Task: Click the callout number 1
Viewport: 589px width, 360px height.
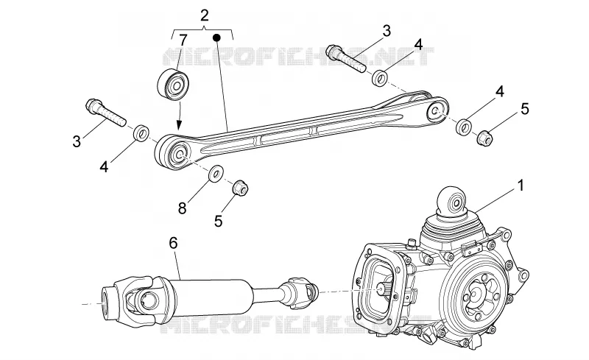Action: tap(521, 186)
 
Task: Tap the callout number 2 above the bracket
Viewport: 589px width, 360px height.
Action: tap(205, 15)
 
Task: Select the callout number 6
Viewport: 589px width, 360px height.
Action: tap(173, 243)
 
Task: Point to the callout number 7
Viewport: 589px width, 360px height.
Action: tap(183, 40)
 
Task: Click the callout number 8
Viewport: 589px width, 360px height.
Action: tap(182, 208)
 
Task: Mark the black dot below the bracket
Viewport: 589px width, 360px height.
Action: tap(216, 38)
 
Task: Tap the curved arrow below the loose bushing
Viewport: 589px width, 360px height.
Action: tap(180, 116)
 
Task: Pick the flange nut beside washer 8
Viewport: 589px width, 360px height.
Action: tap(240, 188)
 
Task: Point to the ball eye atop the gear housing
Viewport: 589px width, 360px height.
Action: tap(452, 201)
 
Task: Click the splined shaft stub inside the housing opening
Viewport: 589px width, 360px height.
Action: tap(383, 289)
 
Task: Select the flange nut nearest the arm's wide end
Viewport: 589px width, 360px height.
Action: tap(484, 138)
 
